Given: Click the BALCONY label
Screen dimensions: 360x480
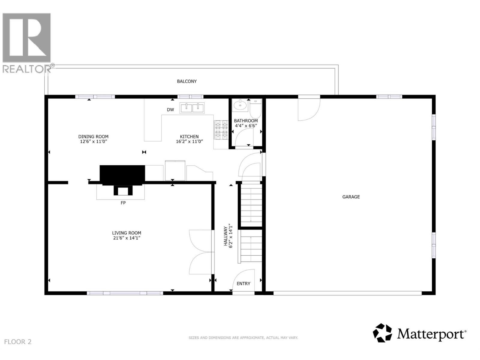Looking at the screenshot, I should pos(187,81).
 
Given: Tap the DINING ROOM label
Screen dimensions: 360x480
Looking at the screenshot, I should pos(93,136).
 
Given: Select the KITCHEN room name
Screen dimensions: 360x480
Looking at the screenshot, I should pos(189,136).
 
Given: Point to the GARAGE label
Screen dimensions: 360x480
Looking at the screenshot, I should pos(351,197).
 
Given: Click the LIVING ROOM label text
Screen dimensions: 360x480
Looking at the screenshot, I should pos(127,233).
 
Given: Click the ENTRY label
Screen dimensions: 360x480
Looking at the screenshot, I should pos(243,283).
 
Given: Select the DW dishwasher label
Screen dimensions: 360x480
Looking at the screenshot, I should pos(170,110).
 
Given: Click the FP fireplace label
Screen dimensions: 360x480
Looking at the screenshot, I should pos(123,203).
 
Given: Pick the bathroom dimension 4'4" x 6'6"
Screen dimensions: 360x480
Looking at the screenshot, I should pos(246,126).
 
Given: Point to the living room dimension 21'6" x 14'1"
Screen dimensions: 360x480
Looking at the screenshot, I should pos(127,238).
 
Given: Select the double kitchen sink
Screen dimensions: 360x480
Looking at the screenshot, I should pos(192,108).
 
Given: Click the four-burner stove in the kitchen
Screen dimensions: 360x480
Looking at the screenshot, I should pos(221,130).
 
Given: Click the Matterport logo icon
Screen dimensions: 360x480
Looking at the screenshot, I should pos(382,333).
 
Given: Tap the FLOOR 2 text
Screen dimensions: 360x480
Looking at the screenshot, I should pos(18,342).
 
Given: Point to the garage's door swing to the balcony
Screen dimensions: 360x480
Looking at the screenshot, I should pos(309,109).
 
